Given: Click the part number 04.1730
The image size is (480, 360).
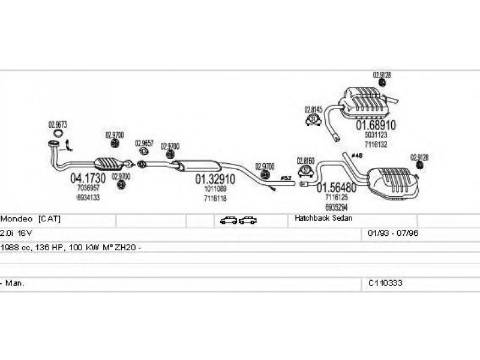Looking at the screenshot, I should tap(88, 178).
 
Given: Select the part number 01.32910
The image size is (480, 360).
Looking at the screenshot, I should tap(215, 179).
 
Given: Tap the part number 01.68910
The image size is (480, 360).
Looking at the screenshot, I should tap(376, 126).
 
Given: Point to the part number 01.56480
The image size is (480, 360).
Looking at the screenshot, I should tap(337, 187).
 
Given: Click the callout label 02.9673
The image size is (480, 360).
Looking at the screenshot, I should tap(58, 125).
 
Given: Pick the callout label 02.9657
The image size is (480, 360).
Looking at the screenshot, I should tap(144, 143).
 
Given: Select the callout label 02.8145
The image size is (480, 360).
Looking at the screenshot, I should tap(313, 110).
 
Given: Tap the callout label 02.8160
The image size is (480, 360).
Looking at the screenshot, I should tap(306, 161).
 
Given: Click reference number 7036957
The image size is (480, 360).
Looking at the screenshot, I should tap(88, 188).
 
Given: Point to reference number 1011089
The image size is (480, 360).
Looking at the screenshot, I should tap(215, 189).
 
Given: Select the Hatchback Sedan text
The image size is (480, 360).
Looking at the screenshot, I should tap(323, 219).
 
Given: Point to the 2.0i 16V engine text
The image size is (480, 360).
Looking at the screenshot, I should tap(19, 233).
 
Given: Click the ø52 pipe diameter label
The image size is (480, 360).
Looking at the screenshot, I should tap(287, 178).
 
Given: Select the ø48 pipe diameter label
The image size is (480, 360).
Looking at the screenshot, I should tap(357, 156).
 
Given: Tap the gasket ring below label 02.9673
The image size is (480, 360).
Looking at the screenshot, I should tap(58, 133).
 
